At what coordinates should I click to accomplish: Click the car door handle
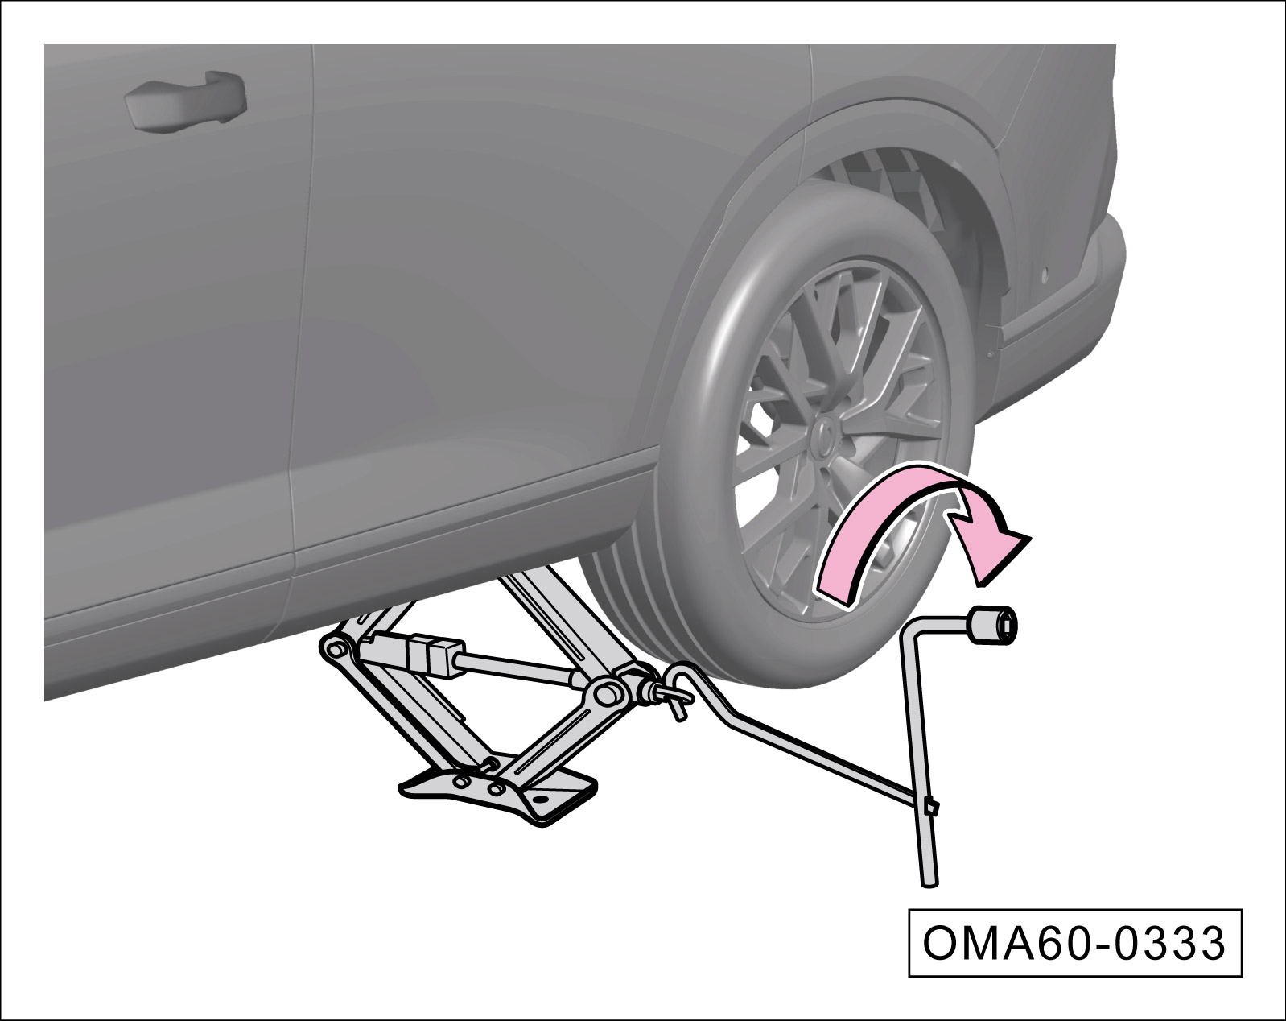[x=185, y=101]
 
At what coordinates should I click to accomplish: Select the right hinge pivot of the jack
[x=607, y=694]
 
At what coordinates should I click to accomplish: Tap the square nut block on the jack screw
[x=435, y=657]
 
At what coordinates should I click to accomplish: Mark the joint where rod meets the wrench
[x=929, y=808]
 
